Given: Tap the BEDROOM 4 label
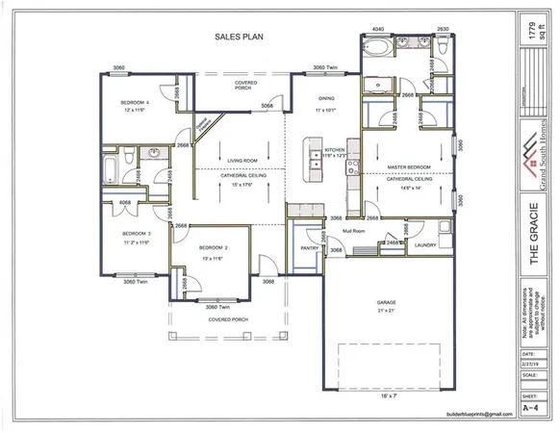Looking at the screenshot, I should click(x=133, y=102).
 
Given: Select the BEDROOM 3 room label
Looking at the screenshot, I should click(x=136, y=234).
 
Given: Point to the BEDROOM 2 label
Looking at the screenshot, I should click(x=212, y=248).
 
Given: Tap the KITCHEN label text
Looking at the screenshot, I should click(x=334, y=150).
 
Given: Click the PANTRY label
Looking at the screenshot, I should click(x=310, y=247).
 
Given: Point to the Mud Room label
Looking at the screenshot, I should click(x=365, y=231).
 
